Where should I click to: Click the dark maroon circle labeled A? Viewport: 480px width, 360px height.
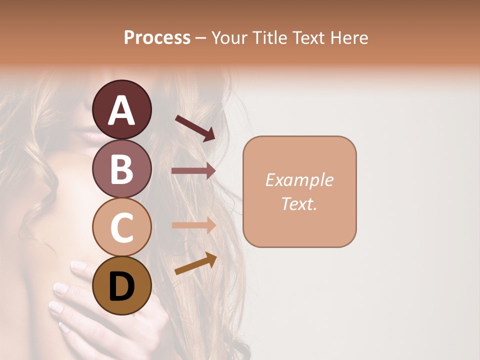click(x=121, y=109)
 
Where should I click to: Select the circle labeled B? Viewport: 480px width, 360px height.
click(x=121, y=168)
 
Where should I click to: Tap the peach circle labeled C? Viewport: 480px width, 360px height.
click(x=121, y=227)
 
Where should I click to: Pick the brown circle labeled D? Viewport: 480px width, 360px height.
click(x=121, y=285)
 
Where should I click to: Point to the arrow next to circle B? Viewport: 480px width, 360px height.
click(x=193, y=171)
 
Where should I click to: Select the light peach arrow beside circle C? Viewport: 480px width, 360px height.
click(x=193, y=225)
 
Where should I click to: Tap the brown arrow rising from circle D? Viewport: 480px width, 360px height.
click(x=195, y=263)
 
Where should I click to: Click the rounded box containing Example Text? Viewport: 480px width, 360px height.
click(x=299, y=191)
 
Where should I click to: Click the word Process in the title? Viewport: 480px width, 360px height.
click(x=157, y=37)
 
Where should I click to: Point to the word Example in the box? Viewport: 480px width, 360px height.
click(x=299, y=180)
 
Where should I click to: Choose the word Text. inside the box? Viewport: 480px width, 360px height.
click(x=299, y=203)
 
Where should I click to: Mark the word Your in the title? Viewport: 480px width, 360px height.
click(x=230, y=37)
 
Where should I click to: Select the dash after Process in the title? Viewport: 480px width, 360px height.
click(x=200, y=38)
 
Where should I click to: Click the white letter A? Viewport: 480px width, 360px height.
click(x=121, y=110)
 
